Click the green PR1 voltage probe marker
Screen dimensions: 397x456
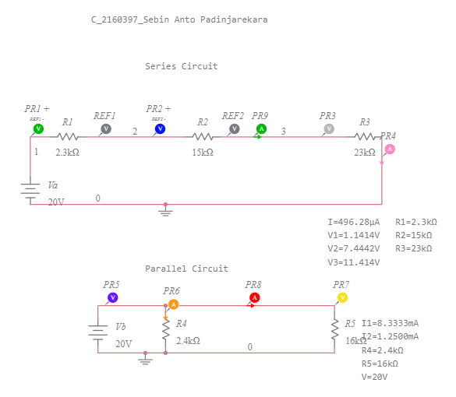(x=38, y=128)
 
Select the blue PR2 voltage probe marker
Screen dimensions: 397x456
(x=160, y=128)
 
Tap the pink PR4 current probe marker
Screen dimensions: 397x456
(x=390, y=149)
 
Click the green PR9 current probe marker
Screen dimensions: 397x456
(x=262, y=128)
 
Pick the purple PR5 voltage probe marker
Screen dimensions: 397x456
(x=112, y=297)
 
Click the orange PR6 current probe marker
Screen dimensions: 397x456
(x=174, y=304)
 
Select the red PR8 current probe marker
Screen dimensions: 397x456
(x=254, y=297)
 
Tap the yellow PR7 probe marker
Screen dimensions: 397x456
(x=342, y=297)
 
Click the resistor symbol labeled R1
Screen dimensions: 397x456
(x=68, y=137)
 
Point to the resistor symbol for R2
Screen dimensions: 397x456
(x=203, y=137)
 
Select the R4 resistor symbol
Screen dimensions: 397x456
(x=165, y=330)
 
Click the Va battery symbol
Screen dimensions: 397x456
(x=30, y=191)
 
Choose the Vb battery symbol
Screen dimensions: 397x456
(x=97, y=333)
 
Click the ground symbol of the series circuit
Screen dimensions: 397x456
(x=164, y=209)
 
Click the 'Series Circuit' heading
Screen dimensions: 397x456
(x=181, y=66)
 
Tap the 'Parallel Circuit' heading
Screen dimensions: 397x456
(x=186, y=269)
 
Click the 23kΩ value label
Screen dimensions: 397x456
(x=365, y=153)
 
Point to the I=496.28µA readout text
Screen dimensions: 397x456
(x=354, y=222)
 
